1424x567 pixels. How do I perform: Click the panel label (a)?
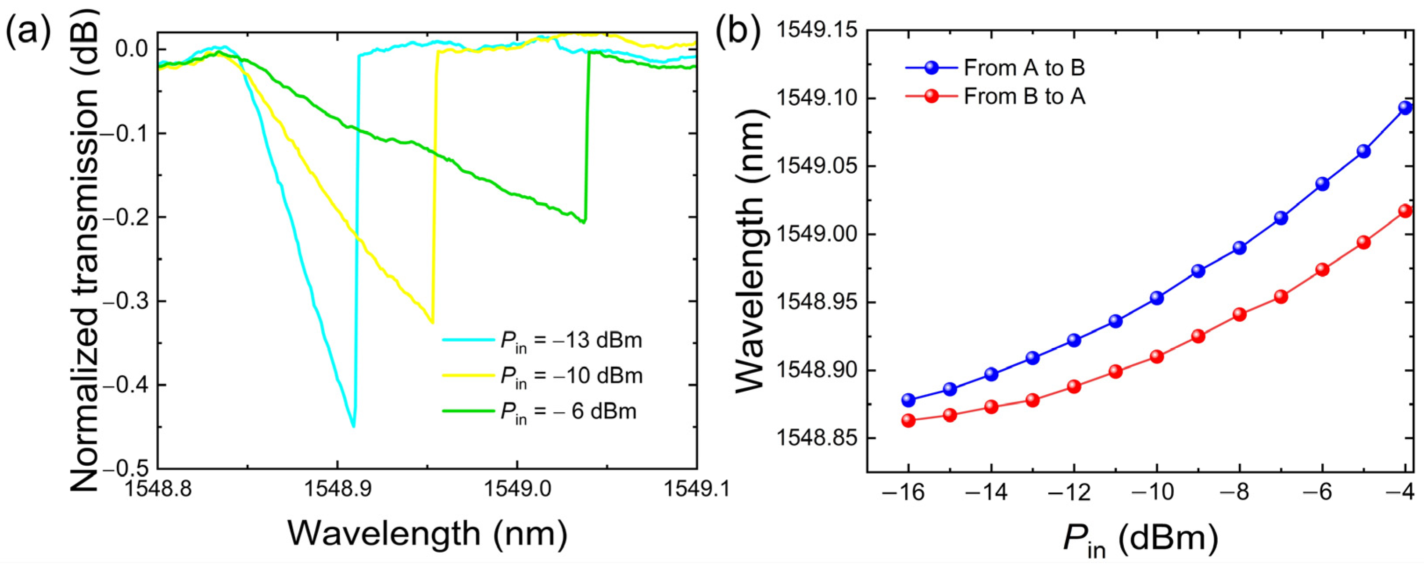tap(28, 33)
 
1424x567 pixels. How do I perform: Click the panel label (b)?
tap(739, 33)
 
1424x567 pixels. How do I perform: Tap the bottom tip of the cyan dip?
tap(353, 425)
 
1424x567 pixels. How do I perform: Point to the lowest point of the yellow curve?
tap(432, 322)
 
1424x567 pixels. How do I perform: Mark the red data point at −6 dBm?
tap(1322, 270)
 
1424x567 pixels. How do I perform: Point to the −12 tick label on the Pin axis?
tap(1073, 492)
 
